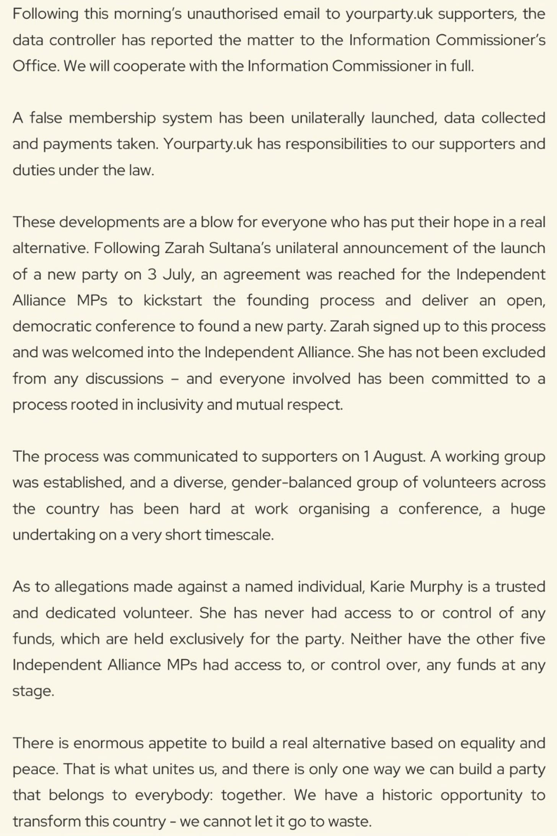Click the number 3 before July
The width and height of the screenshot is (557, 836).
(x=152, y=275)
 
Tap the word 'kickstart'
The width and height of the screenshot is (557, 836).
(x=173, y=300)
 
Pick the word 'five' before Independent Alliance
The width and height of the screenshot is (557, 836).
(x=533, y=639)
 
